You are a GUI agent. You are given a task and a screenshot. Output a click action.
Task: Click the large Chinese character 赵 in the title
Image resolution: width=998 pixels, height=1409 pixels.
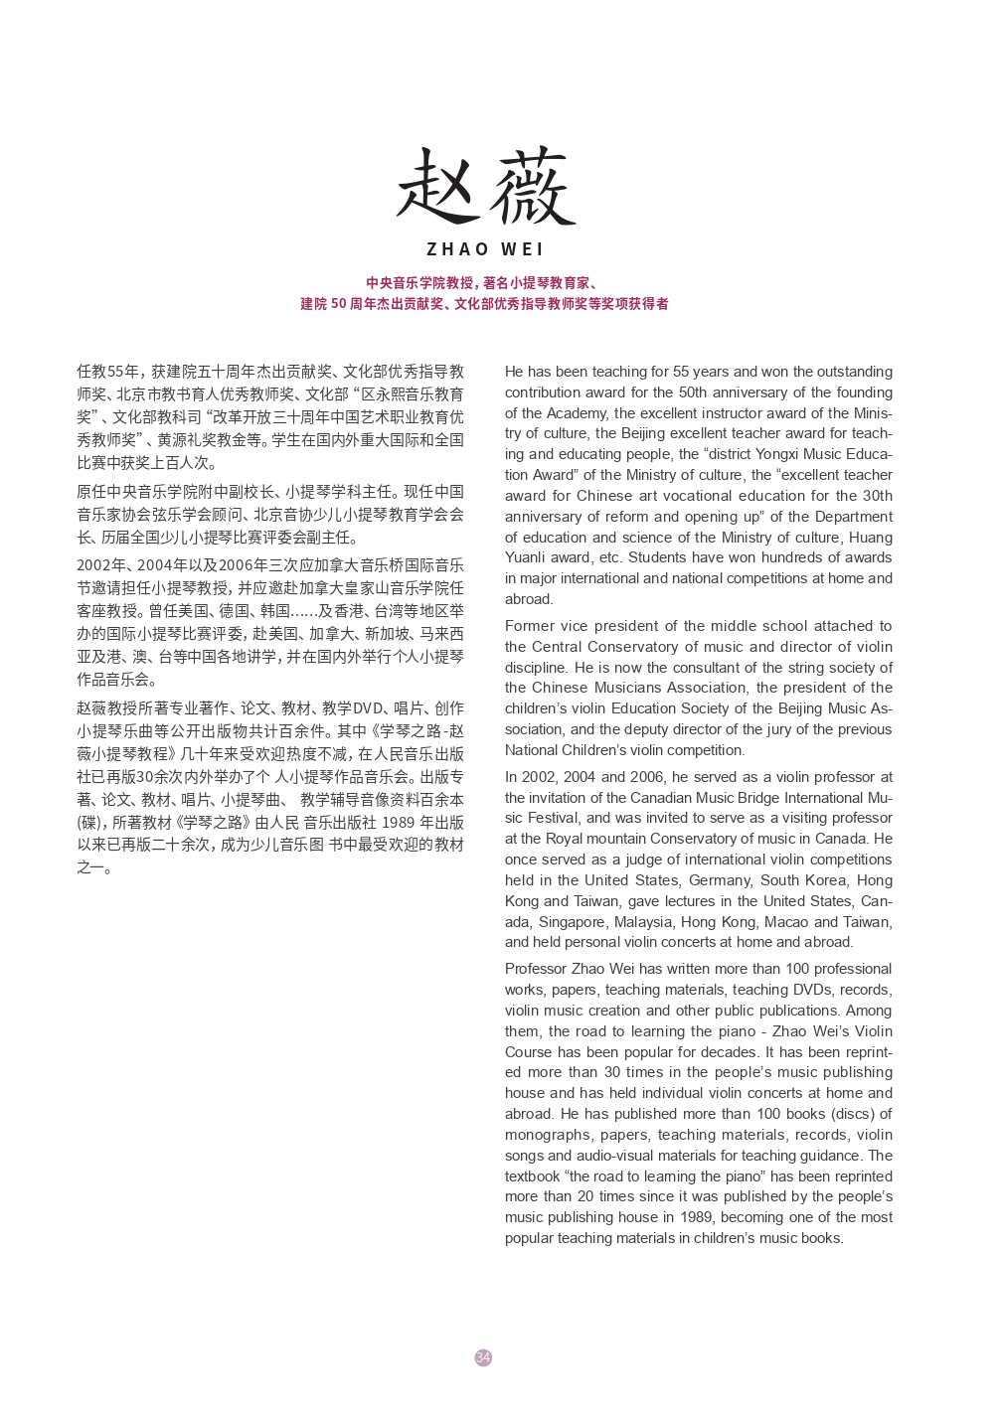437,187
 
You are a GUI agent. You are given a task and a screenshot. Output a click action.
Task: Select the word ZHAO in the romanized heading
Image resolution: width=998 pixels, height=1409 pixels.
457,249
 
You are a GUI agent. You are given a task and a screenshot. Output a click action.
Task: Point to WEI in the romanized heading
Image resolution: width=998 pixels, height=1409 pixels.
523,249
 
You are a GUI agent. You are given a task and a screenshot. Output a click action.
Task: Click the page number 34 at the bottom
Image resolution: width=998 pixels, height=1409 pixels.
483,1357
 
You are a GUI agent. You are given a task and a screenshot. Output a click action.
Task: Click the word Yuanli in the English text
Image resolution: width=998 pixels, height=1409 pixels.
525,557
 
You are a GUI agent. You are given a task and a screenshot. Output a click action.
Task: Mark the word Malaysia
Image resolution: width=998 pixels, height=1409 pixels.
644,921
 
